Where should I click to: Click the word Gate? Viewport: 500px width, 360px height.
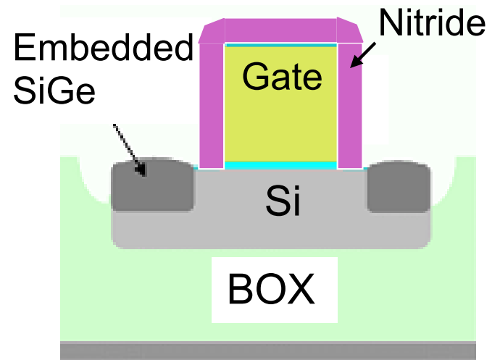[x=282, y=76]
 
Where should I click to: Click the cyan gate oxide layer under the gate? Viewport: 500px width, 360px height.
[x=281, y=165]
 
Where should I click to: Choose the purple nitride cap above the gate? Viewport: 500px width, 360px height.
[x=281, y=31]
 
